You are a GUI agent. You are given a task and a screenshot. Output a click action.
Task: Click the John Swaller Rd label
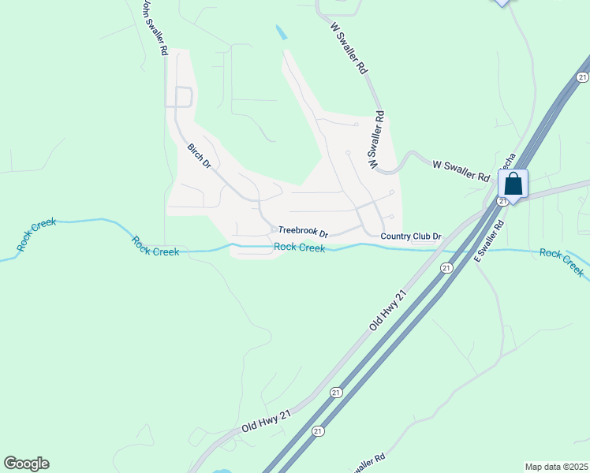(154, 28)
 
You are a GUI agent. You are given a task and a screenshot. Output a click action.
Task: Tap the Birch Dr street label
(199, 156)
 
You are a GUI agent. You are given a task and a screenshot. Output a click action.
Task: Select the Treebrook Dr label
(303, 233)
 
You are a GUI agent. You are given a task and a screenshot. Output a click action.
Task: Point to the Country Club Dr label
(410, 236)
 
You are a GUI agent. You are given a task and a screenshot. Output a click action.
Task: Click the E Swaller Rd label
(488, 241)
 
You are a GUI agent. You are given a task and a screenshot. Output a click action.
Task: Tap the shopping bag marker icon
(513, 184)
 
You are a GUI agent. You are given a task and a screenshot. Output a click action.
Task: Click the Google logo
(26, 464)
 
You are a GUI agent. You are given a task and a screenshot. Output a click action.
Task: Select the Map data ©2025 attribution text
(555, 467)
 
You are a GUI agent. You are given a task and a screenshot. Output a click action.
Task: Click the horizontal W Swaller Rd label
(461, 170)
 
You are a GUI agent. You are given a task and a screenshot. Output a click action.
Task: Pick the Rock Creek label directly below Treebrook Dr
(300, 248)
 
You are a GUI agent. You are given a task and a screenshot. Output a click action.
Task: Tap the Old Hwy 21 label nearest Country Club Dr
(388, 310)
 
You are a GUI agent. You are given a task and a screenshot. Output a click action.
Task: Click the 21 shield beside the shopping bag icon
(502, 202)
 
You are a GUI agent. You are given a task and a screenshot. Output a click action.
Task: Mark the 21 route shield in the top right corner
(582, 76)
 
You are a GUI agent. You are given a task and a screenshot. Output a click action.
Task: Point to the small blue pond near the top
(282, 34)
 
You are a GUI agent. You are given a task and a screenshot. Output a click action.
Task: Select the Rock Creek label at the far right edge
(562, 262)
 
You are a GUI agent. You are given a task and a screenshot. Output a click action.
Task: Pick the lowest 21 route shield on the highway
(318, 430)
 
